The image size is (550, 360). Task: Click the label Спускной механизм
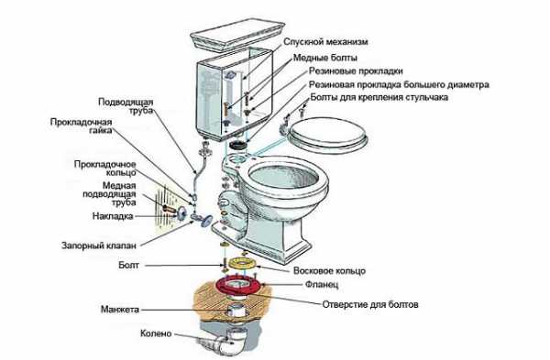(x=325, y=42)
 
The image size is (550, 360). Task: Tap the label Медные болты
(x=325, y=58)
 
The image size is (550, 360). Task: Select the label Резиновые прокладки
(x=356, y=71)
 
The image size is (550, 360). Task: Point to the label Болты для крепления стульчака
(x=379, y=97)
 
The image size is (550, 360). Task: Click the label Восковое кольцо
(x=329, y=270)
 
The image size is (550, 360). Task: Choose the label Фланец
(x=322, y=284)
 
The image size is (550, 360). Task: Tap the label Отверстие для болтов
(x=370, y=304)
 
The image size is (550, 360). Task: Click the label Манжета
(x=120, y=310)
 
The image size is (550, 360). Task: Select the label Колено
(x=156, y=333)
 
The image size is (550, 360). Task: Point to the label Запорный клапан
(x=99, y=245)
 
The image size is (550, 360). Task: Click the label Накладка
(x=113, y=216)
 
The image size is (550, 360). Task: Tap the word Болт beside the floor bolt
(x=128, y=266)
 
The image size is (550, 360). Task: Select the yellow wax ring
(x=242, y=263)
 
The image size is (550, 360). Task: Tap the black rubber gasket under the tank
(x=238, y=144)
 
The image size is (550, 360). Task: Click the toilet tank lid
(x=237, y=36)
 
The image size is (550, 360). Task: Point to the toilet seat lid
(x=328, y=135)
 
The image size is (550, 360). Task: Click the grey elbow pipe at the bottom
(x=225, y=342)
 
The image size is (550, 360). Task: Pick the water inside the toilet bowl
(x=285, y=177)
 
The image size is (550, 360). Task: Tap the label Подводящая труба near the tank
(x=126, y=106)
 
